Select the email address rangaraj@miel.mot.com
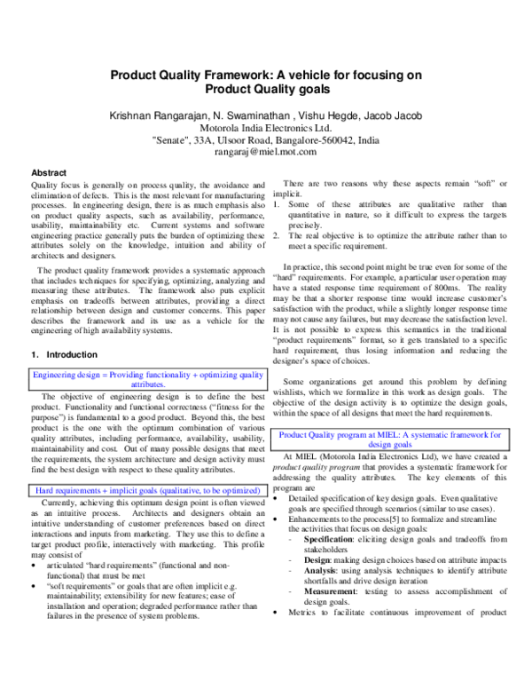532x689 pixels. [266, 152]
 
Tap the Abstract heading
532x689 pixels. [51, 172]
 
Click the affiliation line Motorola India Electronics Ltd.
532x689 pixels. [266, 128]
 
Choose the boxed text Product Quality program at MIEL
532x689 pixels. [391, 440]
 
